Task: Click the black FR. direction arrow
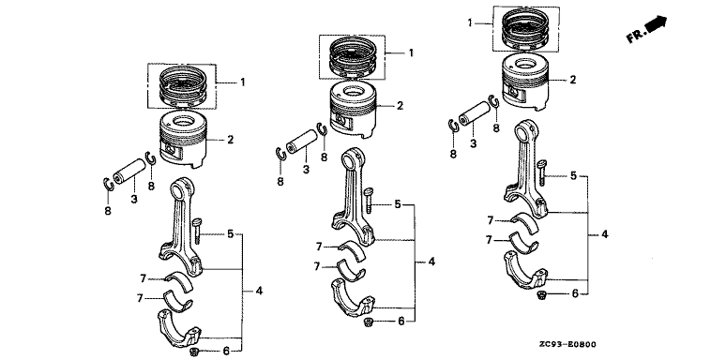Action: click(656, 24)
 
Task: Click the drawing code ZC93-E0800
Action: click(567, 345)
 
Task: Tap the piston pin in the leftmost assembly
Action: click(129, 170)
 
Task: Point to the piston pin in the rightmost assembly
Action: click(475, 113)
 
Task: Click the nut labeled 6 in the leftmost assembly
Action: click(194, 352)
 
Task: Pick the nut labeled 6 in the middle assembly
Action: click(368, 322)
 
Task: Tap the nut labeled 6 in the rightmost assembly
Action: click(540, 295)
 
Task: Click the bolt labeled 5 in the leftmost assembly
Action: click(197, 232)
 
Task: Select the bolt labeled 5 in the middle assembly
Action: click(369, 201)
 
